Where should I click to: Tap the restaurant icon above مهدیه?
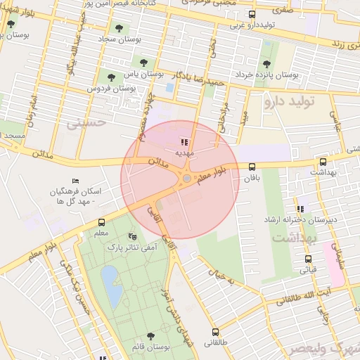click(x=185, y=142)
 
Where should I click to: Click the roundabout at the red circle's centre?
click(x=186, y=179)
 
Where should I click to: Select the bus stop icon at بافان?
click(x=252, y=167)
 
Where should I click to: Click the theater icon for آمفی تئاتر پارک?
click(x=134, y=236)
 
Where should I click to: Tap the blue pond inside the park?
click(x=111, y=285)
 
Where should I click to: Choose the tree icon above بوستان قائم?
click(x=150, y=337)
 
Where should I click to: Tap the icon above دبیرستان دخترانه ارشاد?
click(x=300, y=209)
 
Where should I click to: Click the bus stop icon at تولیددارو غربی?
click(x=252, y=15)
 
